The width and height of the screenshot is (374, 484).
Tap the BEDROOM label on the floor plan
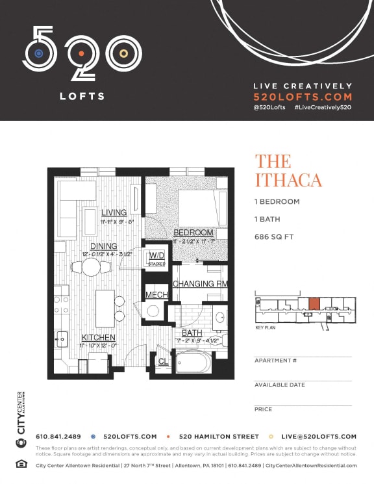tap(193, 233)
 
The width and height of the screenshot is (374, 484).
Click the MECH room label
tap(156, 295)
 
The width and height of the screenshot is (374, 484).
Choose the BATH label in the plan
tap(192, 333)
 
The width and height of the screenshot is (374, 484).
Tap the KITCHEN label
tap(99, 338)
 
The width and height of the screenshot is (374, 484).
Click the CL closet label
tap(163, 361)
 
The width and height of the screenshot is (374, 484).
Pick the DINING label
tap(104, 246)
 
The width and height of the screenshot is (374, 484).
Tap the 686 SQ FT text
tap(274, 237)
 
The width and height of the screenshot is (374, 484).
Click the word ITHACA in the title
tap(288, 180)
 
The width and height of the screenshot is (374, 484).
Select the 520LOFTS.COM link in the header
tap(303, 96)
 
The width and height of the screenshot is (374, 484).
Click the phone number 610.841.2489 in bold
tap(58, 437)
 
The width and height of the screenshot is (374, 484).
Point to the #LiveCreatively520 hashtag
tap(323, 107)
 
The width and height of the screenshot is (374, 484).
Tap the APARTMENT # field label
tap(275, 361)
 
